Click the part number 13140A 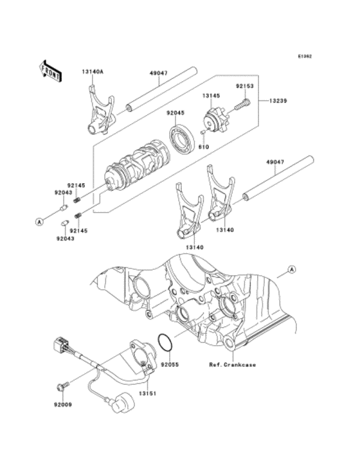[93, 73]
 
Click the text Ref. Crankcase [232, 364]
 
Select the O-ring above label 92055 [165, 342]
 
